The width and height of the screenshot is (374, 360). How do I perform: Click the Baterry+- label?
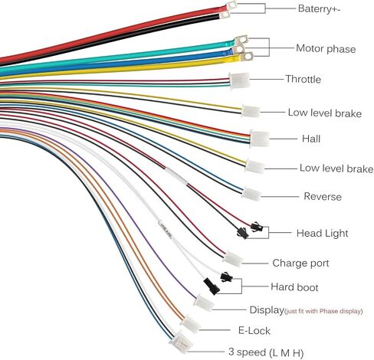[x=319, y=9]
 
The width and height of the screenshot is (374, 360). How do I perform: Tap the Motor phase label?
[x=326, y=48]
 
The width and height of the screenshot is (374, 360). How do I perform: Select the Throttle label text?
[x=303, y=79]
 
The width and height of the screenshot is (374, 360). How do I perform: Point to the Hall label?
[x=311, y=139]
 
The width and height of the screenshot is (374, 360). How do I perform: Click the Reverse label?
[x=323, y=196]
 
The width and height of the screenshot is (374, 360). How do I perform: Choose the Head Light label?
[x=322, y=234]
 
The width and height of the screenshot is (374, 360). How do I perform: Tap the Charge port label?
[x=300, y=263]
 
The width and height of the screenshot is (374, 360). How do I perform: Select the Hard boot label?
[x=294, y=287]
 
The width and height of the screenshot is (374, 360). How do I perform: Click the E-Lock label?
[x=254, y=331]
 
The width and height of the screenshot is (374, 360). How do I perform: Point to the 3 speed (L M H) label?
[x=266, y=352]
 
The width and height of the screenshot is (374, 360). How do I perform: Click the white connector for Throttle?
[x=239, y=80]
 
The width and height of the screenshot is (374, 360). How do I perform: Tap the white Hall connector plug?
[x=260, y=139]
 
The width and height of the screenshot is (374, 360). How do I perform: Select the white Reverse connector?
[x=251, y=194]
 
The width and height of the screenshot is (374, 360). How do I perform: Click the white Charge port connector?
[x=232, y=259]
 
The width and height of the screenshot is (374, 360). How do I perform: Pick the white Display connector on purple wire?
[x=204, y=303]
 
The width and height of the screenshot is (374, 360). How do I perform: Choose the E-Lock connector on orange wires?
[x=191, y=324]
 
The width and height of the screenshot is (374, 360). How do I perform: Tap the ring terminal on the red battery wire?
[x=231, y=5]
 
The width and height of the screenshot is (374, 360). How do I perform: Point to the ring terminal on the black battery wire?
[x=225, y=15]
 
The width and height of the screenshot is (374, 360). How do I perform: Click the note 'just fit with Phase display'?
[x=323, y=311]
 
